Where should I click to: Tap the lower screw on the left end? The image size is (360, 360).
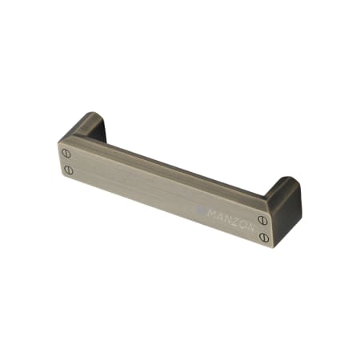point(68,170)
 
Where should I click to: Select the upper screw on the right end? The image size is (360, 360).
point(263,219)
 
